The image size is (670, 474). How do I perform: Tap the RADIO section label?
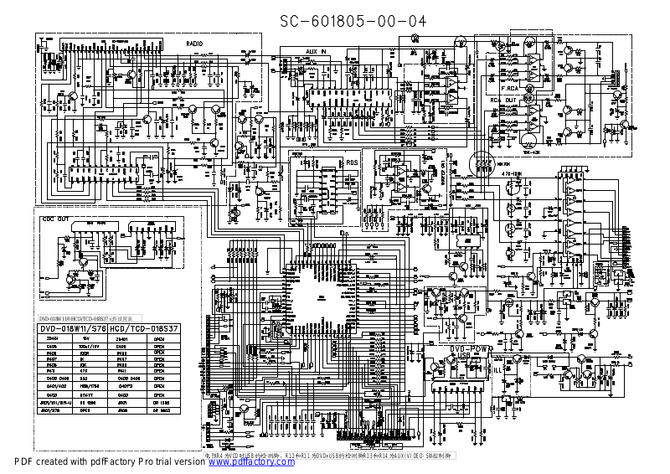coord(194,42)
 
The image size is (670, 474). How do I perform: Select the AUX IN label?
coord(316,51)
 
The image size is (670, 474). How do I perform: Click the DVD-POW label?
coord(469,348)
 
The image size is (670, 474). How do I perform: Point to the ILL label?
coord(497,368)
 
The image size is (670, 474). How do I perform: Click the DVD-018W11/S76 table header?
coord(75,329)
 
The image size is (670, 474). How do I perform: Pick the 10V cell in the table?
coord(84,339)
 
